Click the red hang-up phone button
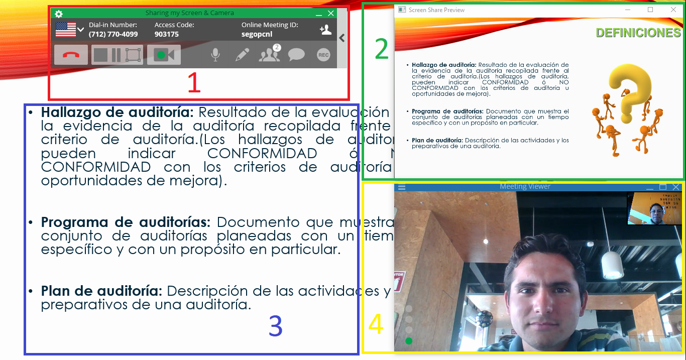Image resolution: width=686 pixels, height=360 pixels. tap(71, 55)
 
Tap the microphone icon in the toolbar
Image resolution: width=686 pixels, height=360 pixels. tap(215, 55)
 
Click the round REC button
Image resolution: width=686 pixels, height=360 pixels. tap(323, 55)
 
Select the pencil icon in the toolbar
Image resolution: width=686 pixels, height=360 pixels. tap(242, 55)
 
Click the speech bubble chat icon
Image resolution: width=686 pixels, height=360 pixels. tap(296, 55)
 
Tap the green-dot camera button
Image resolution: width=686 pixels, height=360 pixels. tap(164, 55)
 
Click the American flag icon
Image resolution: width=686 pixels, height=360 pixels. tap(65, 30)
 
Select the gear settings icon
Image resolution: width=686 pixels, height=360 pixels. tap(59, 14)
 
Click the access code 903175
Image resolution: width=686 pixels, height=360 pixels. tap(167, 35)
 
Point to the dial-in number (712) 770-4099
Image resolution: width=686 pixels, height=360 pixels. tap(113, 35)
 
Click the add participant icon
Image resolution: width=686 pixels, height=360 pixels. tap(325, 30)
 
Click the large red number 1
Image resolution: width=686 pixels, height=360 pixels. tap(194, 83)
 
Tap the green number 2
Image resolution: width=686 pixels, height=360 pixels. tap(382, 49)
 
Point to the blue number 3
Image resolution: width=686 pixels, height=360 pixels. tap(276, 326)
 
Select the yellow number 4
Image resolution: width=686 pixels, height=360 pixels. tap(376, 324)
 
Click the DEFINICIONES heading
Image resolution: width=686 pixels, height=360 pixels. tap(638, 33)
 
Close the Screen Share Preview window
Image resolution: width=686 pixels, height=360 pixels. tap(673, 10)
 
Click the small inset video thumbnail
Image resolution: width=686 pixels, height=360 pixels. tap(655, 208)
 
